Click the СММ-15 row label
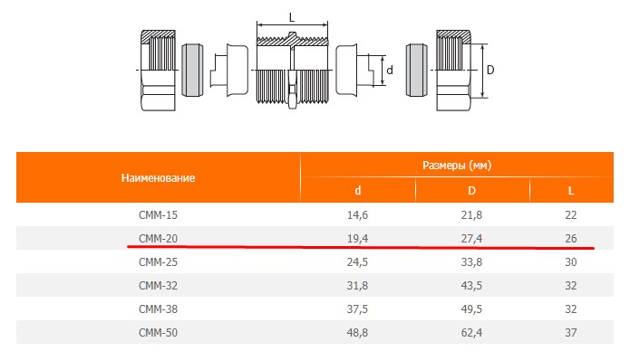(x=158, y=215)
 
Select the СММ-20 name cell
(x=158, y=239)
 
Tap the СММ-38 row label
(x=158, y=309)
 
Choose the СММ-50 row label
(x=158, y=333)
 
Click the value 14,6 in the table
(x=357, y=215)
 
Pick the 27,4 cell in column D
(x=471, y=239)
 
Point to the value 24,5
(x=357, y=262)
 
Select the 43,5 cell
(x=471, y=286)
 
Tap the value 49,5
(x=471, y=309)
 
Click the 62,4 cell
(x=471, y=333)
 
